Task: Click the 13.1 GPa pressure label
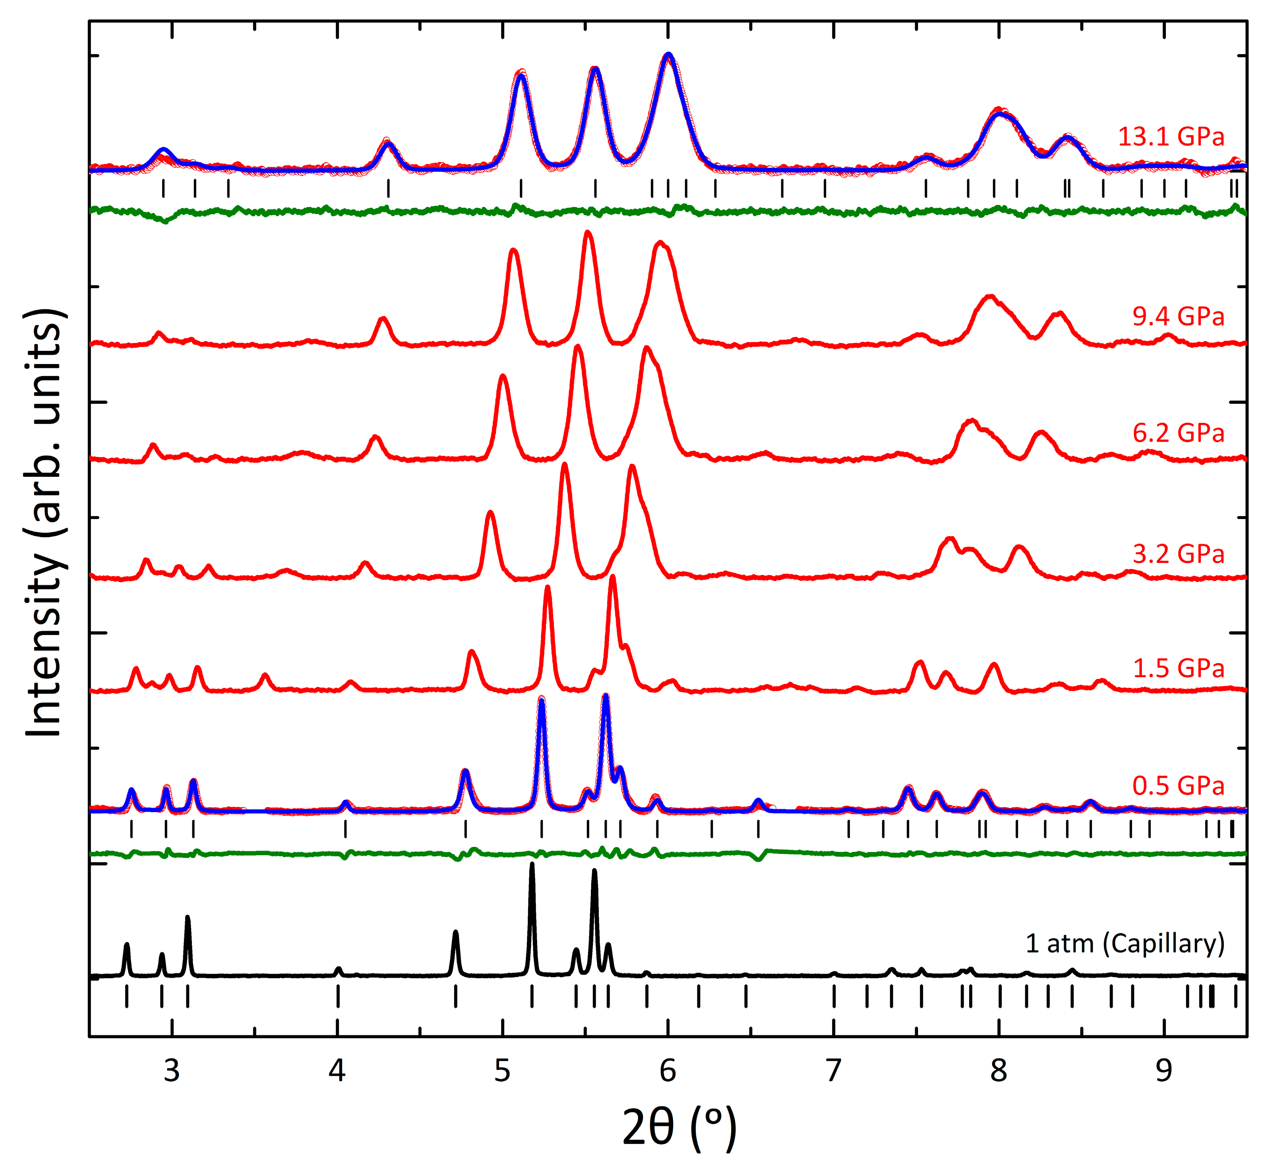click(1171, 137)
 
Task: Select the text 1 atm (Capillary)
click(1124, 944)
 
